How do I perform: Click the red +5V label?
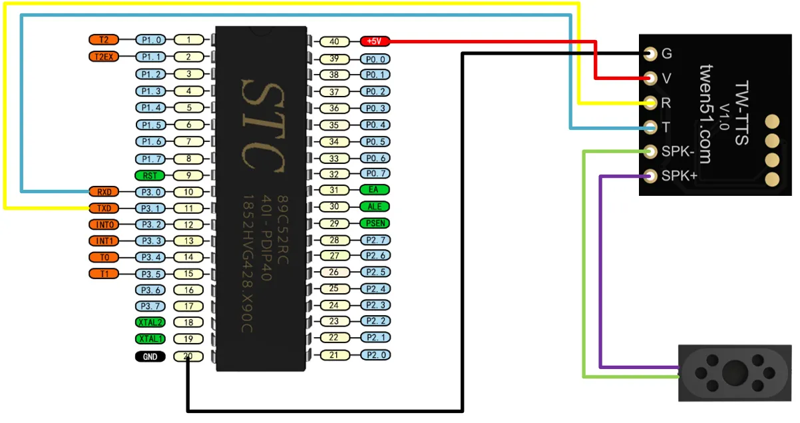tap(374, 41)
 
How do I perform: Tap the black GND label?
tap(150, 356)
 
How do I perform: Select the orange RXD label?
tap(103, 192)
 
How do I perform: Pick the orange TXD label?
tap(103, 208)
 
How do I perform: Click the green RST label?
tap(150, 176)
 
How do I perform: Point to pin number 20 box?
tap(189, 356)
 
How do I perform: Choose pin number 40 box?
tap(334, 41)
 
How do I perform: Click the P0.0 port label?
tap(374, 59)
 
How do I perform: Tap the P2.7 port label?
tap(374, 240)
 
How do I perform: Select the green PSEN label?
tap(374, 223)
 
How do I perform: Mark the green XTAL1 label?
tap(150, 338)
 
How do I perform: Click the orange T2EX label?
tap(103, 57)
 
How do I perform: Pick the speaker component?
tap(735, 372)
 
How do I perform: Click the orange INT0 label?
tap(103, 224)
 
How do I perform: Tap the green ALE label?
tap(374, 207)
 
